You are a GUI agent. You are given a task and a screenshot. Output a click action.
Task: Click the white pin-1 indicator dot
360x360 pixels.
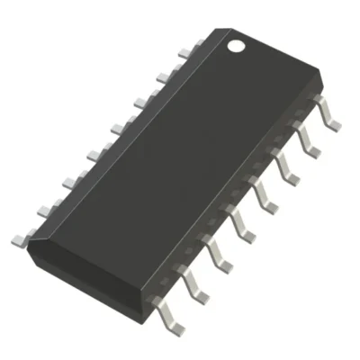pos(236,43)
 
